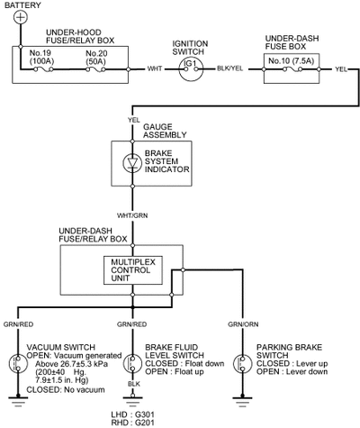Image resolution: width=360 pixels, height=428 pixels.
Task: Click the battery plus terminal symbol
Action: (21, 17)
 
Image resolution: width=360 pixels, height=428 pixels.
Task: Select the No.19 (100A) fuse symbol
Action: (43, 69)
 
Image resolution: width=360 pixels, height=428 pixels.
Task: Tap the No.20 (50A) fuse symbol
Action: (95, 69)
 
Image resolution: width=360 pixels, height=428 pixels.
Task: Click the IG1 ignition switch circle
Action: (191, 69)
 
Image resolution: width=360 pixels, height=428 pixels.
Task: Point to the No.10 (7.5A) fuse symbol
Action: (292, 69)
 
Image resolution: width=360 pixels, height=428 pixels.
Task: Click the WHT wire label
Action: (155, 69)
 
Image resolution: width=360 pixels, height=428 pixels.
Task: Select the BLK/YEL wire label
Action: (230, 68)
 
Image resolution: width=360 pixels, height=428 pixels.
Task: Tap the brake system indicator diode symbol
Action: (132, 163)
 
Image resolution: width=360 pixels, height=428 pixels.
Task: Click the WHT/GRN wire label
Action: (132, 215)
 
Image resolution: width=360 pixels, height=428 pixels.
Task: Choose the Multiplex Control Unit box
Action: (133, 270)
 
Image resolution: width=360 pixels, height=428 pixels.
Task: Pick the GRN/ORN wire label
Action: (243, 324)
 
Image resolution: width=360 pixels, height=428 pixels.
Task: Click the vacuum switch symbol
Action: (18, 363)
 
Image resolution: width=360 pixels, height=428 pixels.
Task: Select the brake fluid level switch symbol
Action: (132, 363)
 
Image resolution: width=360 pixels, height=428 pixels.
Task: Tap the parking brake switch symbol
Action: (242, 363)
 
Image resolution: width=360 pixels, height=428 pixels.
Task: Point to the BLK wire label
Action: (134, 384)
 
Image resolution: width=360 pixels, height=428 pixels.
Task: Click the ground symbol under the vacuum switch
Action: (18, 401)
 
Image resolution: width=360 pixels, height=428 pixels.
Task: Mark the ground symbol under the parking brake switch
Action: (242, 401)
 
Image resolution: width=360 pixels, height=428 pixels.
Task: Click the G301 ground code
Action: (145, 414)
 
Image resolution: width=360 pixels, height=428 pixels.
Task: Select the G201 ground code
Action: (145, 423)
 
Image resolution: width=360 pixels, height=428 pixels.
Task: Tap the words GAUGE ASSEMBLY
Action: (165, 131)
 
